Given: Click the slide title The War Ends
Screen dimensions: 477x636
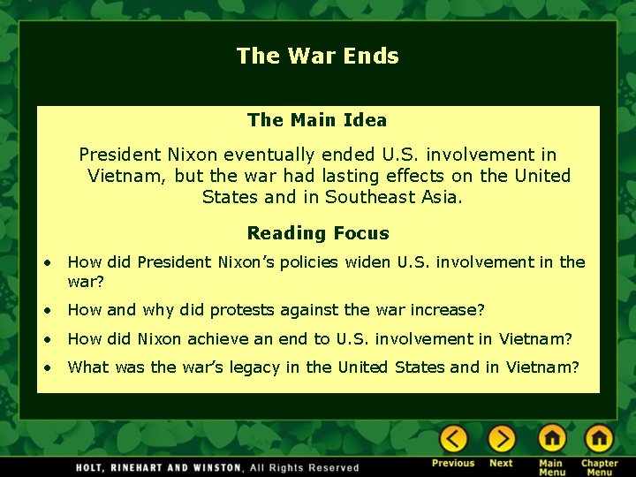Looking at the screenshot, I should pyautogui.click(x=317, y=56).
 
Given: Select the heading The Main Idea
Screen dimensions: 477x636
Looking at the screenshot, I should pyautogui.click(x=317, y=119).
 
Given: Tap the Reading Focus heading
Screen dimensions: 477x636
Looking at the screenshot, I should pyautogui.click(x=317, y=233).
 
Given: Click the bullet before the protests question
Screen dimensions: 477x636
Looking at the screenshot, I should pyautogui.click(x=52, y=311).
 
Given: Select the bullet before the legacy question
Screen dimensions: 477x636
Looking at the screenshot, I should pyautogui.click(x=52, y=367).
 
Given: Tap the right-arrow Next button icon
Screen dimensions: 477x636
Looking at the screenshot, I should pyautogui.click(x=501, y=438).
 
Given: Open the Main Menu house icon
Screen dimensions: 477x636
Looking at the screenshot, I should pyautogui.click(x=551, y=438).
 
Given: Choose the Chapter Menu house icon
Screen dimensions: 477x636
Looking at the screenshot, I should pyautogui.click(x=598, y=438).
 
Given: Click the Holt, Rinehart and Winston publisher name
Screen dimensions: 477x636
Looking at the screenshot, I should pyautogui.click(x=157, y=467).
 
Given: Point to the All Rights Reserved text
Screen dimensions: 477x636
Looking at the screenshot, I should pyautogui.click(x=305, y=467).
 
